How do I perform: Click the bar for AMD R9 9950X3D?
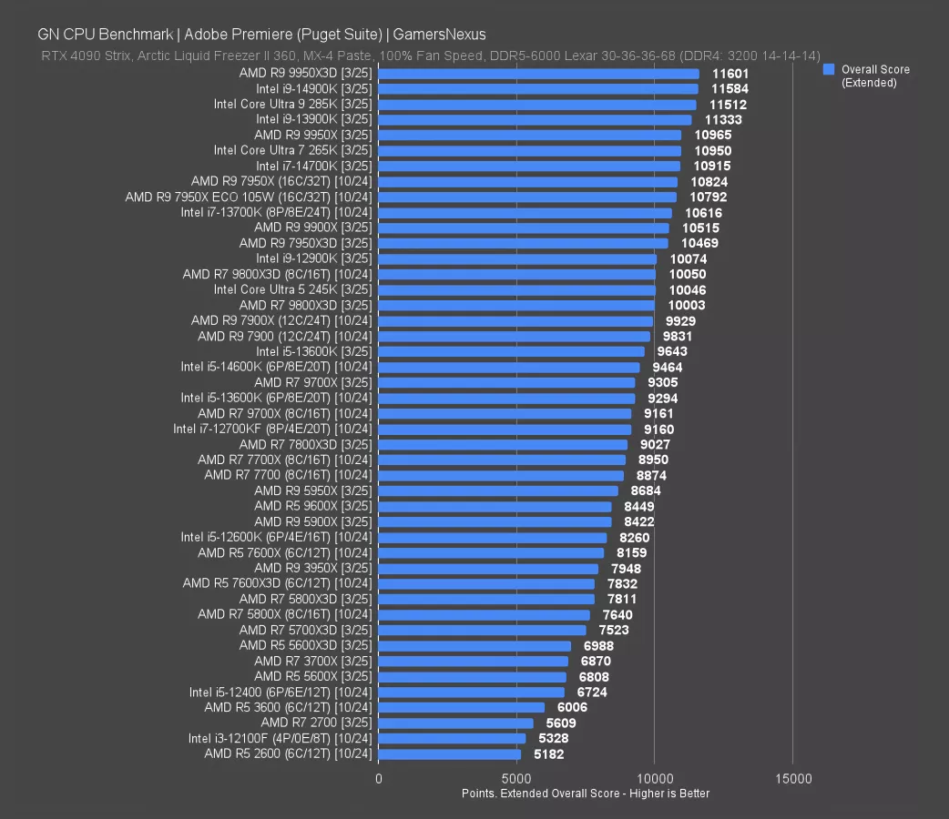[x=538, y=74]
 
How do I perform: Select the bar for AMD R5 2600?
[x=450, y=754]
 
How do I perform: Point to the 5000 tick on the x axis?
[x=516, y=780]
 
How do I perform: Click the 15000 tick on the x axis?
[x=792, y=780]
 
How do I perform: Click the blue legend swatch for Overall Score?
[x=828, y=69]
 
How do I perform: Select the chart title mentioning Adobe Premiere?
[x=261, y=35]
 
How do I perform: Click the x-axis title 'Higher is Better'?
[x=586, y=794]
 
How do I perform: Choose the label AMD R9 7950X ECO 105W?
[x=249, y=197]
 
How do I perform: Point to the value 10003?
[x=686, y=306]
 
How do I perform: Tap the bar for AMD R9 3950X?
[x=488, y=569]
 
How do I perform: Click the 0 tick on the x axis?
[x=379, y=780]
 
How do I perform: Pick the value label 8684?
[x=646, y=491]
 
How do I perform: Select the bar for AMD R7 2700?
[x=455, y=723]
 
